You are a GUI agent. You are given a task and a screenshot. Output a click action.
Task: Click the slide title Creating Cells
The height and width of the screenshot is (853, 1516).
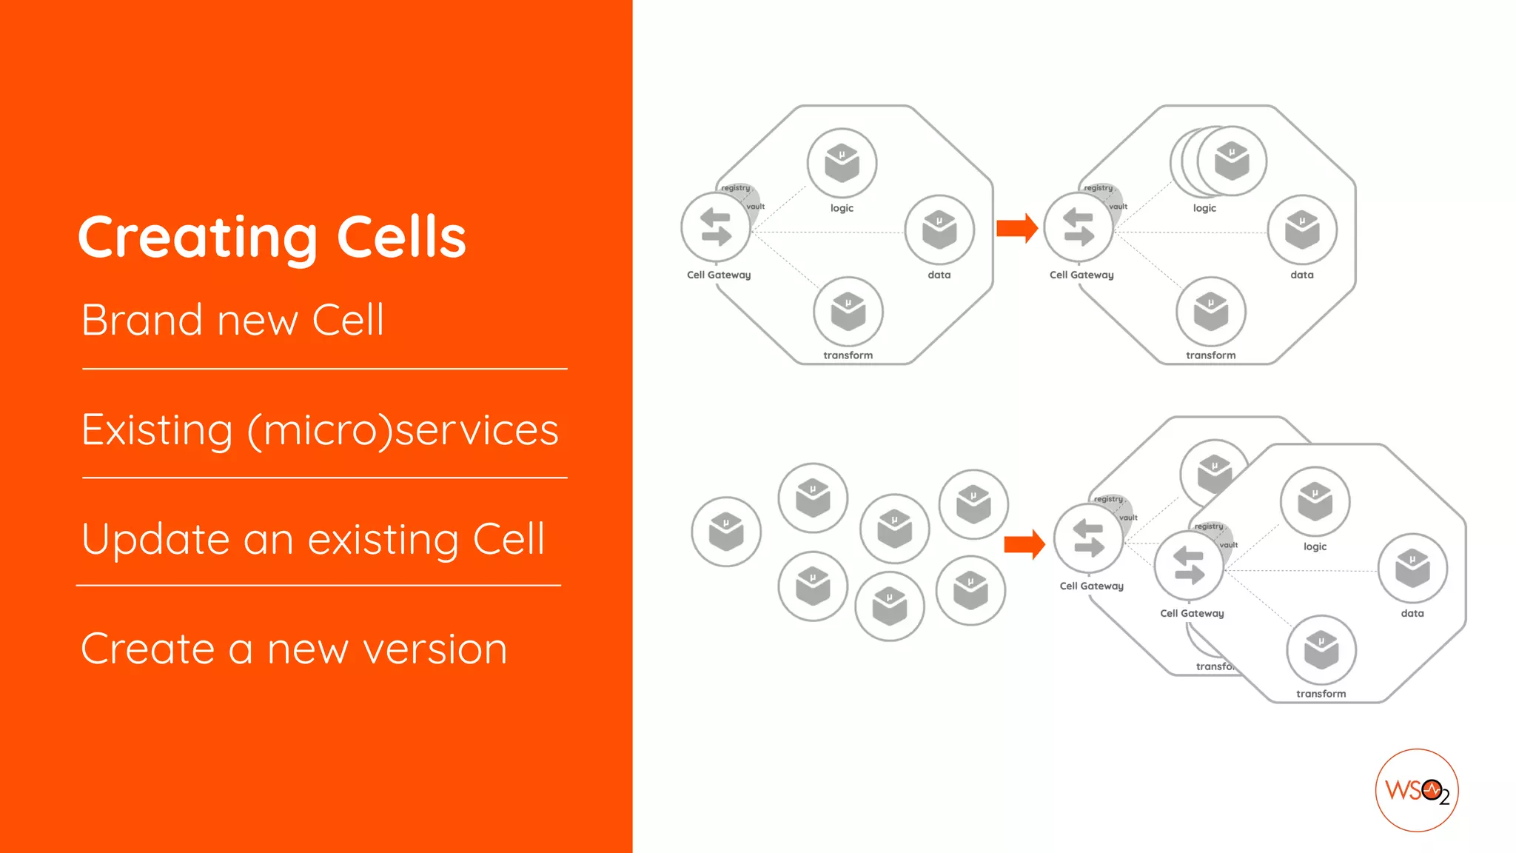pos(272,237)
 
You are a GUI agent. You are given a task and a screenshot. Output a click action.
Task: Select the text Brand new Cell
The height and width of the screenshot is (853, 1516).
pos(232,321)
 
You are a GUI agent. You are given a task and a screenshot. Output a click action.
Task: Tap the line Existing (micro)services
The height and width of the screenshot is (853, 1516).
pos(320,430)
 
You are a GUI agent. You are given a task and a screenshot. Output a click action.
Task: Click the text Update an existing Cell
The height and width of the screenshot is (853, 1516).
pos(313,539)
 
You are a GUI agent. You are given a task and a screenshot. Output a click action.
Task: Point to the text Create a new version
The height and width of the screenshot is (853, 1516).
pos(294,649)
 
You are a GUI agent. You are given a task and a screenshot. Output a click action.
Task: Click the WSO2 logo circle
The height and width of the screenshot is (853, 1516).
pos(1416,790)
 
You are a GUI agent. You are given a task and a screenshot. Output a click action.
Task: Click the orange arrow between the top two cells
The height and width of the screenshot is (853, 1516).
pos(1016,228)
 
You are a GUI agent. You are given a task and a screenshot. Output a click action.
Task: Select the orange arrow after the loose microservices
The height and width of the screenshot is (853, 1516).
pos(1024,545)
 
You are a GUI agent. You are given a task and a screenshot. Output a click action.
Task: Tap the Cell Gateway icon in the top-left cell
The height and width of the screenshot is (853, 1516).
pos(716,227)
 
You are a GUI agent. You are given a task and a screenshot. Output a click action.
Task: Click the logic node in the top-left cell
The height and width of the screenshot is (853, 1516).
pos(842,164)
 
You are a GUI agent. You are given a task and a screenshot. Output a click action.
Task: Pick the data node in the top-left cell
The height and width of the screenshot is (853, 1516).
pos(939,230)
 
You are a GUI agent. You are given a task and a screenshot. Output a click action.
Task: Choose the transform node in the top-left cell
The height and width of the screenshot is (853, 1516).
pos(848,312)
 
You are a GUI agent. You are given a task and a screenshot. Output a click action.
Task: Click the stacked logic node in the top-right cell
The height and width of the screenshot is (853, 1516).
pos(1230,161)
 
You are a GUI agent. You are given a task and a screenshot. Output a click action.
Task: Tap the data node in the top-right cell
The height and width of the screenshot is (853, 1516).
pos(1302,230)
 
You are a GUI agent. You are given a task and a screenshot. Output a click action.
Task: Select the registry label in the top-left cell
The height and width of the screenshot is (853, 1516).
pos(736,188)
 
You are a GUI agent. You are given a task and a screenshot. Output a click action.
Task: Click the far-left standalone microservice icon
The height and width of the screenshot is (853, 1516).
pos(725,532)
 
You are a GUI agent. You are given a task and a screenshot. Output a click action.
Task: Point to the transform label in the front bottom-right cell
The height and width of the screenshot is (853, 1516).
pos(1321,694)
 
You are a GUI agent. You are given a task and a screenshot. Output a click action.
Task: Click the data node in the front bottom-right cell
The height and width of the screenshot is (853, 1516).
pos(1412,569)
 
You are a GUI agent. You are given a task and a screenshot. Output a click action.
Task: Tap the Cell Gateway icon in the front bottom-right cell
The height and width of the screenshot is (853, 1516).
pos(1189,566)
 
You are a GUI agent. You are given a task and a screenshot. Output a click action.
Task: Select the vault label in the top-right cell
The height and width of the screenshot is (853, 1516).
pos(1118,207)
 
